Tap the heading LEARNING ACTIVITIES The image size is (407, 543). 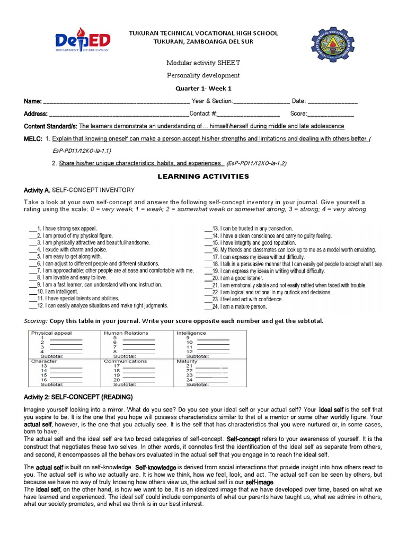[x=203, y=176]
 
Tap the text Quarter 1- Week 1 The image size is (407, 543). [x=203, y=89]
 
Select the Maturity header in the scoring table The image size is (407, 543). [x=188, y=361]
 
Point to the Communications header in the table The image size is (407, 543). [x=125, y=361]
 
